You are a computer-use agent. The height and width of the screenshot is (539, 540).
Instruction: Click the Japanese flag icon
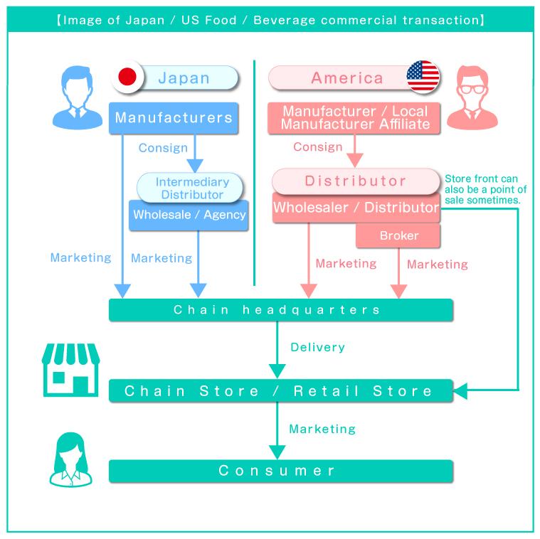pos(127,78)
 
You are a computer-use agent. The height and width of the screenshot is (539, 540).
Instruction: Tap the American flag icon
pos(423,77)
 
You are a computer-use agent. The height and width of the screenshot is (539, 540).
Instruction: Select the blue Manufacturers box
pos(174,118)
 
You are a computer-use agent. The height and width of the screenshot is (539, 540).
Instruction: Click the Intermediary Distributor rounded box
pos(191,188)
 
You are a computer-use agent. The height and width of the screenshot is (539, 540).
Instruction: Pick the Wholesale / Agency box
pos(189,215)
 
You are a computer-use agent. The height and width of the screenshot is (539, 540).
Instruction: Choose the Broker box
pos(398,235)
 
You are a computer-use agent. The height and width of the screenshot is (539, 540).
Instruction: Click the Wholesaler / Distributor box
pos(356,208)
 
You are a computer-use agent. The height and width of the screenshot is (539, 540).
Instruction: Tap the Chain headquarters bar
pos(280,310)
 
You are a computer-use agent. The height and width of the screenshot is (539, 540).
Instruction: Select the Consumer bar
pos(280,471)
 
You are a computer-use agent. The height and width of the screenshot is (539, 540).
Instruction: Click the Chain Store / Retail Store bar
pos(280,390)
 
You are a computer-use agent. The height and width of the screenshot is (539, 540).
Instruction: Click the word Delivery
pos(317,347)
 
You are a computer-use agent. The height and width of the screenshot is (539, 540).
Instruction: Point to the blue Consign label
pos(163,148)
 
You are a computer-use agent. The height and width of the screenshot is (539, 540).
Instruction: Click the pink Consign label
pos(317,146)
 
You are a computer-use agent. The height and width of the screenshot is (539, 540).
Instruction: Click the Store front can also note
pos(485,190)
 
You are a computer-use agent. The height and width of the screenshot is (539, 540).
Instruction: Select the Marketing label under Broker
pos(437,264)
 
